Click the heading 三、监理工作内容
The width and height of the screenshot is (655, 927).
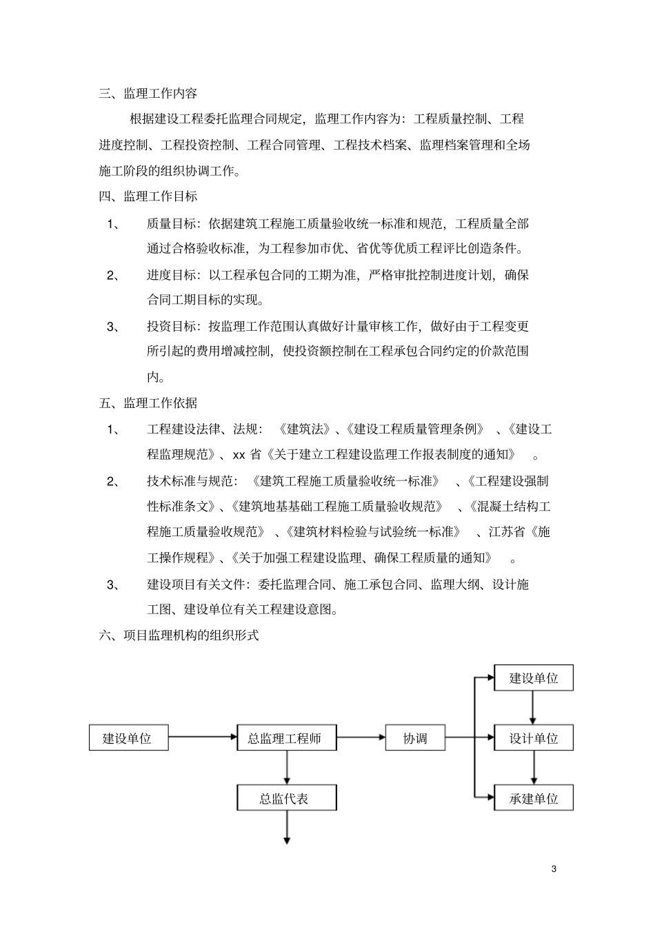click(x=148, y=93)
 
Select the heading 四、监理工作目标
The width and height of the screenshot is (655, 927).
click(x=148, y=197)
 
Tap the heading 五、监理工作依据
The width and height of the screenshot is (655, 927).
click(x=148, y=403)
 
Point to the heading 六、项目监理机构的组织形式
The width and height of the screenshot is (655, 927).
click(x=179, y=635)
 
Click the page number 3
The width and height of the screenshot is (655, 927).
click(x=554, y=868)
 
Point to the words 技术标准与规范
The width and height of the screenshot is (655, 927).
click(x=190, y=481)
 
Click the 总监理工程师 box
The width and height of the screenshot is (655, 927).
click(x=285, y=738)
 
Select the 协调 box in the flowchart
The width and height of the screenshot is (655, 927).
click(x=415, y=738)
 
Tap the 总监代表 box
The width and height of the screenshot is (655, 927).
click(x=285, y=799)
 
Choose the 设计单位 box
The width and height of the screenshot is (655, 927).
click(x=534, y=738)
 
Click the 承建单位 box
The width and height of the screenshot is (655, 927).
click(x=534, y=799)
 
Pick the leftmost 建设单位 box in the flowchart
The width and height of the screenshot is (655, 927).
click(x=128, y=738)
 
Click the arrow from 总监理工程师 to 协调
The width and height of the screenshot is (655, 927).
click(x=361, y=737)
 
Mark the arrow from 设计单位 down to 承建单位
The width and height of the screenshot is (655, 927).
click(x=533, y=768)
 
